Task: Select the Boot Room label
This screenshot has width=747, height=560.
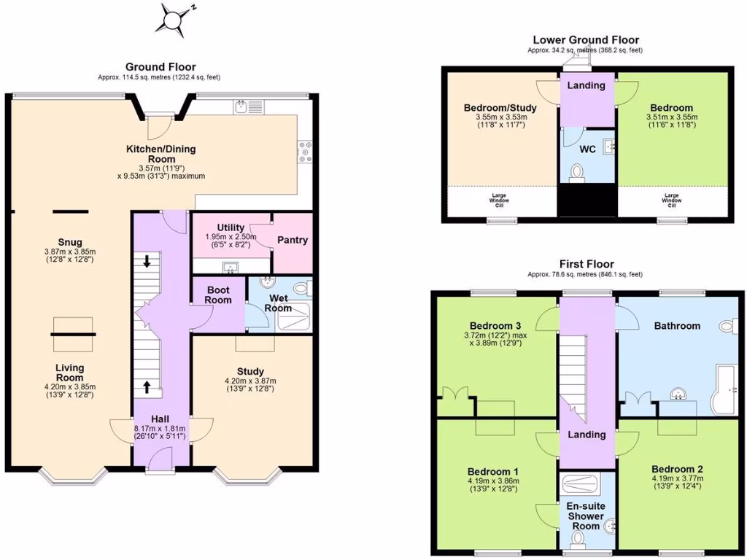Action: point(218,295)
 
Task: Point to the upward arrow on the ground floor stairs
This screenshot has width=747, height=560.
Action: point(147,386)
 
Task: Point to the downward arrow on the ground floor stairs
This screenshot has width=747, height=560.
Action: point(147,261)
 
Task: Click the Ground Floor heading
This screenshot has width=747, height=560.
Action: point(160,67)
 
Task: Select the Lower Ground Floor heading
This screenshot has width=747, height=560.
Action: point(586,40)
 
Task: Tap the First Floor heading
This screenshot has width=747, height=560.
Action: point(587,264)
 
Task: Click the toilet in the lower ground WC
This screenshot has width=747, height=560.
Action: point(578,173)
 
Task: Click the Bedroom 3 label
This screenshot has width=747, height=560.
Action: point(495,325)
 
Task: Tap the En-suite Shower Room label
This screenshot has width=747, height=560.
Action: point(587,515)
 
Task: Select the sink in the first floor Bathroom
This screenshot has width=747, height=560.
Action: point(680,394)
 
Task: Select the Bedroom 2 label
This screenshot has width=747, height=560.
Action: point(677,469)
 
